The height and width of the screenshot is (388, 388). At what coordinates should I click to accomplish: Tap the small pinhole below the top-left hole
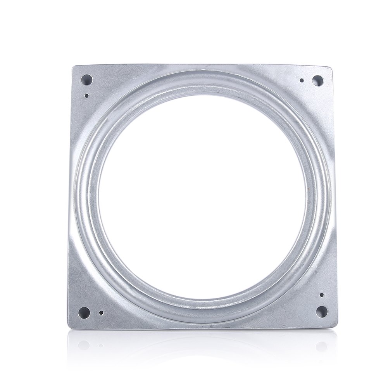pyautogui.click(x=86, y=95)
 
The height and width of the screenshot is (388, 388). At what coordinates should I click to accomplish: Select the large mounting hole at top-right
pyautogui.click(x=317, y=81)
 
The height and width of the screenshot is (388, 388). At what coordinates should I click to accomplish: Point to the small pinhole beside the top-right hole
pyautogui.click(x=302, y=81)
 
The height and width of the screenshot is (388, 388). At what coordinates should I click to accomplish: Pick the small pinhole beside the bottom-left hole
pyautogui.click(x=101, y=312)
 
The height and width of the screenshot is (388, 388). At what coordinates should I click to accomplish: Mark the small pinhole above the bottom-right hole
pyautogui.click(x=321, y=295)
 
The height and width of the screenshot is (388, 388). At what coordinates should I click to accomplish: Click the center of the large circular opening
pyautogui.click(x=202, y=197)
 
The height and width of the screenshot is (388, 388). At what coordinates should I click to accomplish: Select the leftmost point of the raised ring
pyautogui.click(x=74, y=197)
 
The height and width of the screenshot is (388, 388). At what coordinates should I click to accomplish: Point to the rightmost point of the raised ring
pyautogui.click(x=330, y=197)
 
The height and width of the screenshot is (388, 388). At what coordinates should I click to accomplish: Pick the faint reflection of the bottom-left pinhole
pyautogui.click(x=101, y=344)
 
